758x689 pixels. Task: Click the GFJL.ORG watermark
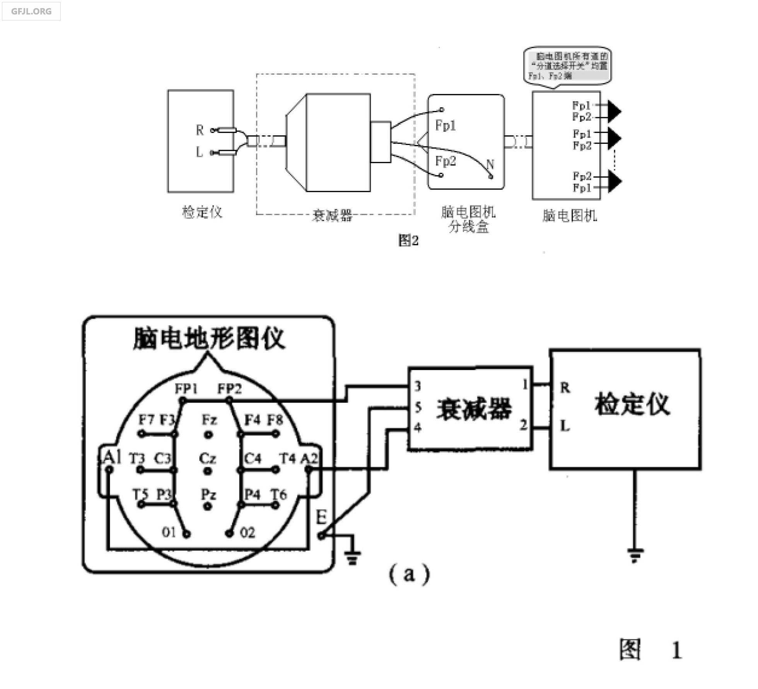[31, 11]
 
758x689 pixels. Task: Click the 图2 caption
[408, 240]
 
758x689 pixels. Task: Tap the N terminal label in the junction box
[490, 164]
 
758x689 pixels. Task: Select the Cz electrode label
[208, 459]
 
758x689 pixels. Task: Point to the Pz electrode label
[208, 494]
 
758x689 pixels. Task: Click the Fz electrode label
[209, 420]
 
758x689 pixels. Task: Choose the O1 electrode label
[169, 532]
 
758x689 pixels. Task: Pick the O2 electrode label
[248, 533]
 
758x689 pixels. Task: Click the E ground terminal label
[321, 517]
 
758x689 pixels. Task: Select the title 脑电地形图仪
[209, 339]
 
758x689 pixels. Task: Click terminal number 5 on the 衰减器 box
[418, 407]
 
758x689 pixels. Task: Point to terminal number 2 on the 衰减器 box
[523, 425]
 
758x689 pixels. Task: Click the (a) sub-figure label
[409, 574]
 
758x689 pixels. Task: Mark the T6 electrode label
[278, 494]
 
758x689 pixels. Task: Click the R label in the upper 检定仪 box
[200, 130]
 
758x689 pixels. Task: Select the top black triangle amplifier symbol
[614, 111]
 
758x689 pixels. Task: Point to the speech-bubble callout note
[568, 66]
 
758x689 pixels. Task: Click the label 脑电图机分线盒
[468, 219]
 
